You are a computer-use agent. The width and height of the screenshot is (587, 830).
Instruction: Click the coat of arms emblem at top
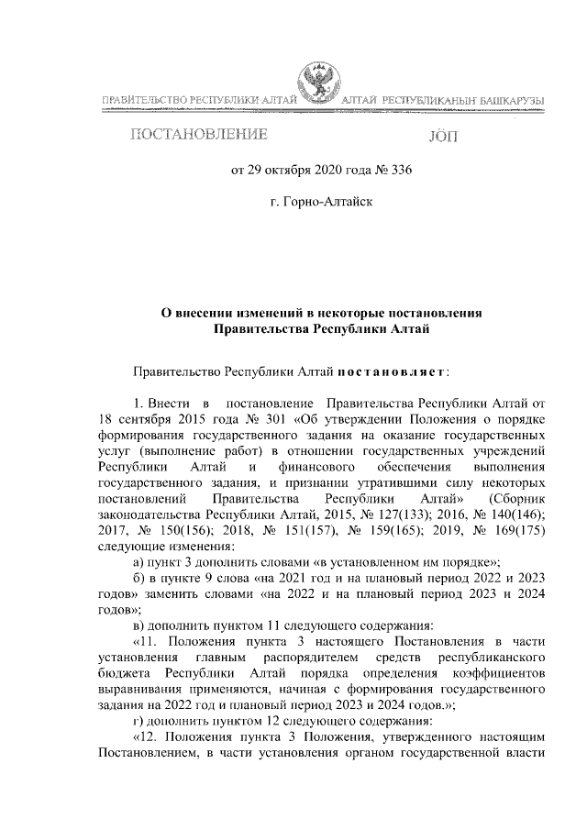[x=317, y=87]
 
